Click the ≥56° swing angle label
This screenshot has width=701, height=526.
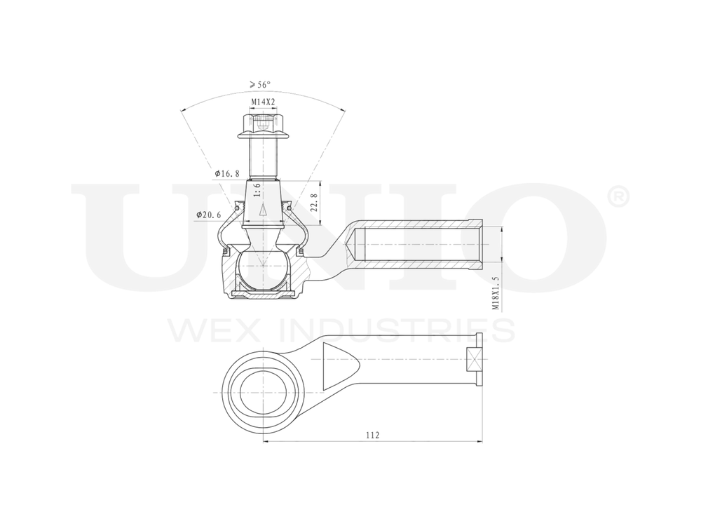click(x=259, y=85)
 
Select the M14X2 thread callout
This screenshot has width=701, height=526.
click(x=263, y=102)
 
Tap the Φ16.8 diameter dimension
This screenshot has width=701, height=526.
click(x=227, y=173)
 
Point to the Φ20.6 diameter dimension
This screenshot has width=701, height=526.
click(x=210, y=215)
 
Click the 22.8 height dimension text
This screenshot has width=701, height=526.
click(x=315, y=203)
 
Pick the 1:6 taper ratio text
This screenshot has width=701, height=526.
click(x=257, y=191)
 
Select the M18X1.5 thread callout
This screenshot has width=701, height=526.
click(x=496, y=292)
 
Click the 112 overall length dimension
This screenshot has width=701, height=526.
click(x=372, y=436)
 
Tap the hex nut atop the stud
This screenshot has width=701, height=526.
click(x=264, y=126)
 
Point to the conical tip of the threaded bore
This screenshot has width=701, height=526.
click(x=353, y=245)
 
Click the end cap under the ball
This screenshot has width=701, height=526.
click(x=263, y=295)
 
